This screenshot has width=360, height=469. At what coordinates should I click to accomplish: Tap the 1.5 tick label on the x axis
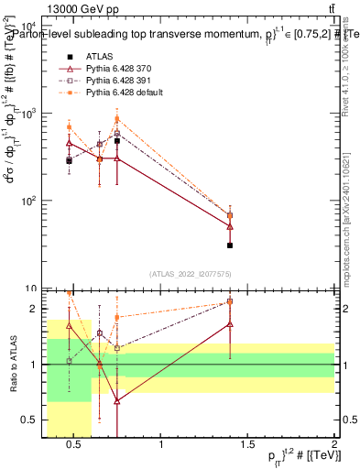248,445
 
